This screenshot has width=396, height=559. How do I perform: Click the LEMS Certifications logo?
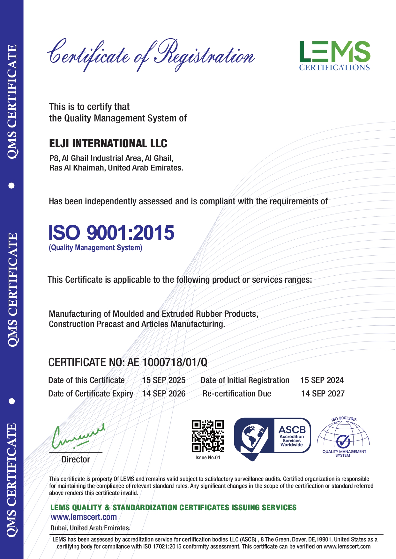334,55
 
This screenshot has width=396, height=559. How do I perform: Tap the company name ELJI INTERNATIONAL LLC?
108,143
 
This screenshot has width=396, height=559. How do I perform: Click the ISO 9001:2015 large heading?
111,233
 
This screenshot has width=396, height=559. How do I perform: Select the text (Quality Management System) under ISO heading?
95,248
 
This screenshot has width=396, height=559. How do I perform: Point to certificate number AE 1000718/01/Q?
167,362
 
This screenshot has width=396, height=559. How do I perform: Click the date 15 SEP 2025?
164,380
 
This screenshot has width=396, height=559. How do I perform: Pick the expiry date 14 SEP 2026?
164,394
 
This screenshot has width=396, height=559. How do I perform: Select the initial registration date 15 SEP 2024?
322,380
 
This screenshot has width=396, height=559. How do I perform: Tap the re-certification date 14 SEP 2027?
323,394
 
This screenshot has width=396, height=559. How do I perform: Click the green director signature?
78,436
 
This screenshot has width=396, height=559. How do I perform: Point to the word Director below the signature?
76,459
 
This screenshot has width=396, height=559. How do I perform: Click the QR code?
208,436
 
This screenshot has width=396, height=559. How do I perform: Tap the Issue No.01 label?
208,458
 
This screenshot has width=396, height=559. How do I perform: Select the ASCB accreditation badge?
272,438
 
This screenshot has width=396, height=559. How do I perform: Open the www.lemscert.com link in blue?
84,517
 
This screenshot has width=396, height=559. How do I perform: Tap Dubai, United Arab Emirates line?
90,528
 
